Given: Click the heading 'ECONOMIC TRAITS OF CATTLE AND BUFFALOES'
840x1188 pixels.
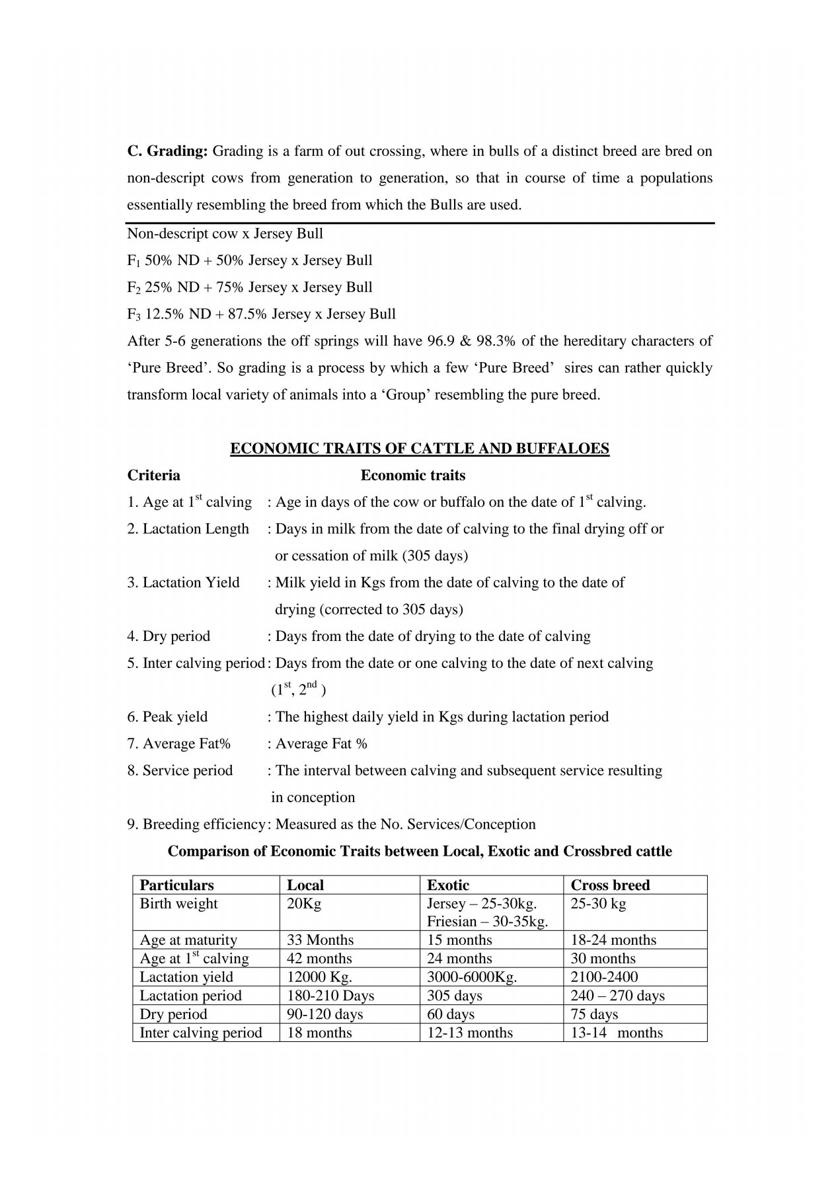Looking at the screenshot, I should coord(419,449).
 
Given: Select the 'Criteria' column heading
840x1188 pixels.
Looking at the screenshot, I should coord(153,476).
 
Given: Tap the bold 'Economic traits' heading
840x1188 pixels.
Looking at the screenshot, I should coord(412,476).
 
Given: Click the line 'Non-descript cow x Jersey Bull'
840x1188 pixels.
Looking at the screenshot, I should coord(225,234).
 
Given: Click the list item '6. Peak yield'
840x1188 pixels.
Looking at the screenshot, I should coord(167,717).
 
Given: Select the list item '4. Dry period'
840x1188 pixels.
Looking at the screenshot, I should coord(169,636).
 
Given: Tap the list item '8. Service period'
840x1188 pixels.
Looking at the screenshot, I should coord(180,771).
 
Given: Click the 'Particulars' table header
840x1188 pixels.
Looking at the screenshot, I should coord(176,885).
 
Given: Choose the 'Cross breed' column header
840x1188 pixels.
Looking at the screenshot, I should coord(610,885).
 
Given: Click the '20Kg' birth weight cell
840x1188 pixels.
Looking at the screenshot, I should coord(303,904).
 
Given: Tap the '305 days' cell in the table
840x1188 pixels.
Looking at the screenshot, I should coord(455,996).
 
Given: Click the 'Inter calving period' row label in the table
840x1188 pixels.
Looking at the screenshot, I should coord(201,1033).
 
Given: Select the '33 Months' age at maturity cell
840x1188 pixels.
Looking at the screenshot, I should coord(320,940).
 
